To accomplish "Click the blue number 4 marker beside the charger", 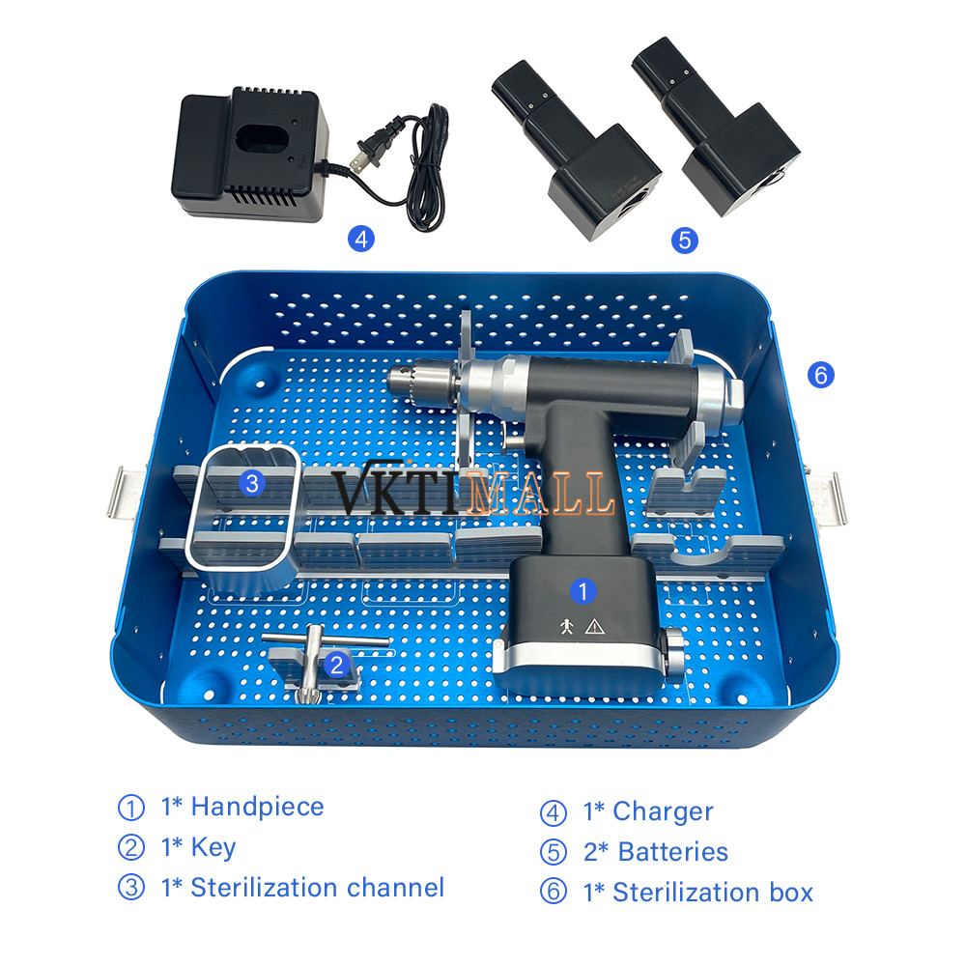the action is pyautogui.click(x=361, y=239).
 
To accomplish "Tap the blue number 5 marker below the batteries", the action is pyautogui.click(x=685, y=241).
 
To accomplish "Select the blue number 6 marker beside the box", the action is pyautogui.click(x=820, y=375).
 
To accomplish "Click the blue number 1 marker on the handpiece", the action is pyautogui.click(x=582, y=591).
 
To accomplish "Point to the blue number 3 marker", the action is pyautogui.click(x=252, y=483).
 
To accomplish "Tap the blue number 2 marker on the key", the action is pyautogui.click(x=336, y=665).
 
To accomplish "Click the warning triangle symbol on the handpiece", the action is pyautogui.click(x=594, y=627).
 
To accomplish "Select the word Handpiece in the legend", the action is pyautogui.click(x=258, y=807).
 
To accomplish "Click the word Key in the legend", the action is pyautogui.click(x=213, y=848).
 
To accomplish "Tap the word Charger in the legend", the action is pyautogui.click(x=663, y=811).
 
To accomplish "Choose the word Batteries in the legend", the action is pyautogui.click(x=672, y=852).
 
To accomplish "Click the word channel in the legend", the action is pyautogui.click(x=395, y=888).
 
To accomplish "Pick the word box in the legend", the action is pyautogui.click(x=791, y=892).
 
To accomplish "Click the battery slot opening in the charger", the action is pyautogui.click(x=258, y=139).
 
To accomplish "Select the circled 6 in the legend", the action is pyautogui.click(x=553, y=892).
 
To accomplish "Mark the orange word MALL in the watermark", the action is pyautogui.click(x=540, y=492).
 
